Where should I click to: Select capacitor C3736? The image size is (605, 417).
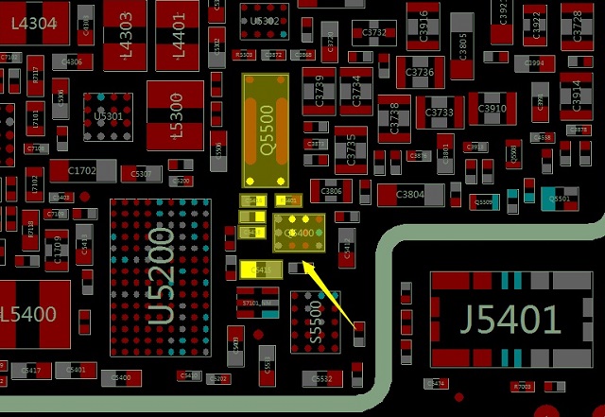point(420,72)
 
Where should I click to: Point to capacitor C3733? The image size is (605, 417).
point(440,113)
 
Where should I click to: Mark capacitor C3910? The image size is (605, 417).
point(493,109)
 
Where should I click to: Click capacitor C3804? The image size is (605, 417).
point(410,195)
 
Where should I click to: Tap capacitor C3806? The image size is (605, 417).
point(331,192)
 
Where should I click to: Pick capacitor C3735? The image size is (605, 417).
point(351,149)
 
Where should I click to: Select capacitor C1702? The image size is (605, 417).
point(82,171)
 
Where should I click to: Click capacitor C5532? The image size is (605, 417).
point(321,379)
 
